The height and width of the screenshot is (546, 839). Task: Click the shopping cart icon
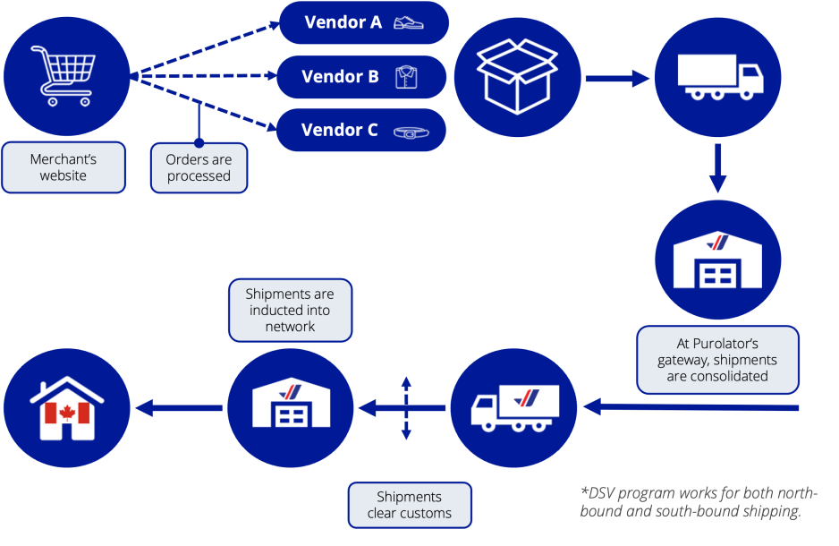click(65, 75)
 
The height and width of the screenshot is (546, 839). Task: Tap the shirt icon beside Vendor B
click(406, 77)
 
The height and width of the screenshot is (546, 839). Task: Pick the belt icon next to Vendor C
click(411, 132)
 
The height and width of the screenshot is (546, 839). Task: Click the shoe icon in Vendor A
click(410, 23)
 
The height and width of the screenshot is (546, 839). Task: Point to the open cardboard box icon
click(516, 76)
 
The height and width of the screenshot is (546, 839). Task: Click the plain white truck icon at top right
click(718, 77)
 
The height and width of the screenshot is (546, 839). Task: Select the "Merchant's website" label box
click(64, 167)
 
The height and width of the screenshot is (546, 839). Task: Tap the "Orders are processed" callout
click(199, 167)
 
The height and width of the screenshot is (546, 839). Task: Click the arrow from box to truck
click(616, 79)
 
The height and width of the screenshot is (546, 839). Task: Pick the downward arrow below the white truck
click(717, 169)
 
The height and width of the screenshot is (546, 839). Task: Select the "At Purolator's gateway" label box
click(717, 359)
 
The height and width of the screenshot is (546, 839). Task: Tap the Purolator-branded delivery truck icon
click(515, 408)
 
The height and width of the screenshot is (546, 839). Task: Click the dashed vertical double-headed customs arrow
click(406, 408)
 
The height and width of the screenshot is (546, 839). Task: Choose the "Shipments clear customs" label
click(409, 505)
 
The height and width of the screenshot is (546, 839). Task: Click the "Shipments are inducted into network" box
click(290, 310)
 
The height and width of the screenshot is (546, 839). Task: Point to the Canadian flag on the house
click(66, 413)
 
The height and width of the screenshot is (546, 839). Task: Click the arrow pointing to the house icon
click(179, 408)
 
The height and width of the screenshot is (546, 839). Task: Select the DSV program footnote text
click(699, 502)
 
